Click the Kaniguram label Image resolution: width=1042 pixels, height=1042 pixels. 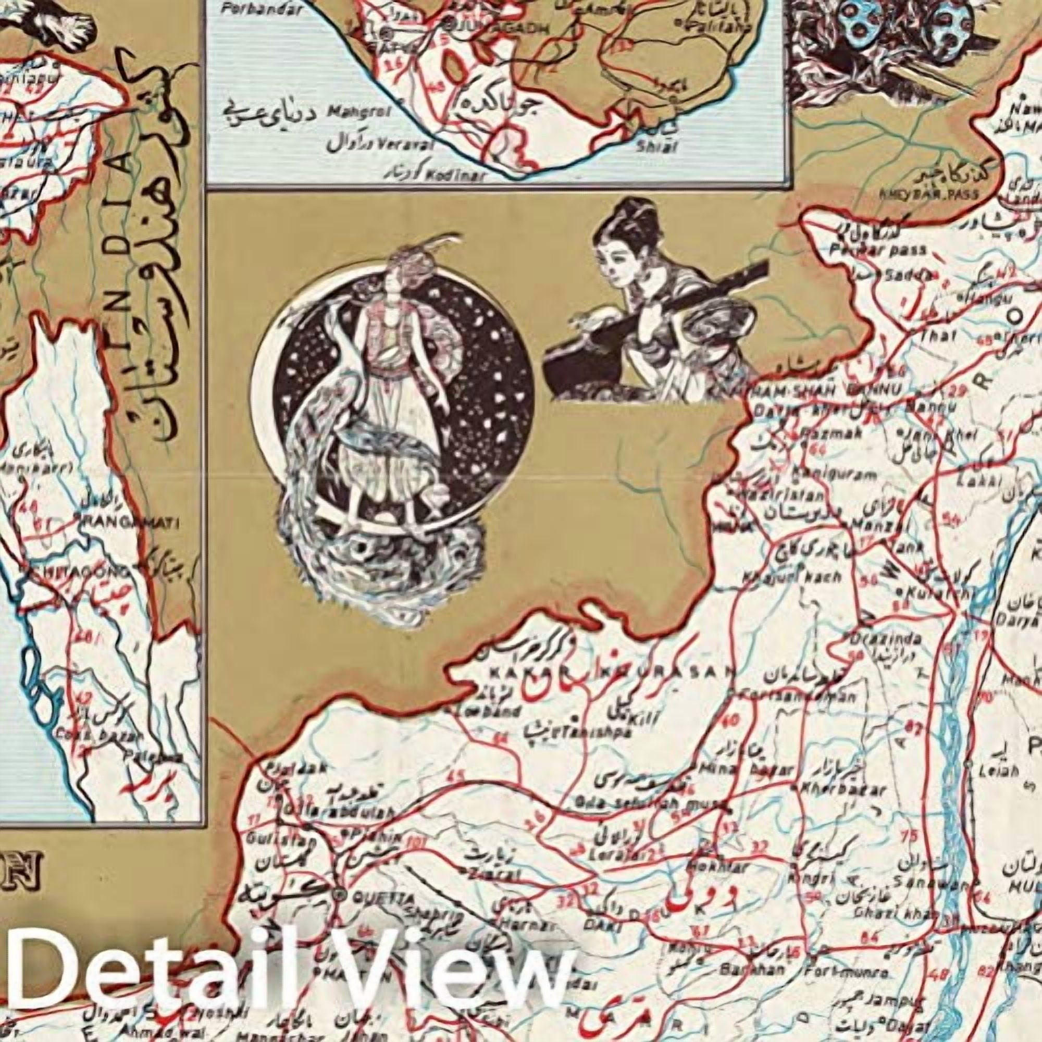[833, 475]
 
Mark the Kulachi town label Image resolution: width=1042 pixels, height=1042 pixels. [932, 593]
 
